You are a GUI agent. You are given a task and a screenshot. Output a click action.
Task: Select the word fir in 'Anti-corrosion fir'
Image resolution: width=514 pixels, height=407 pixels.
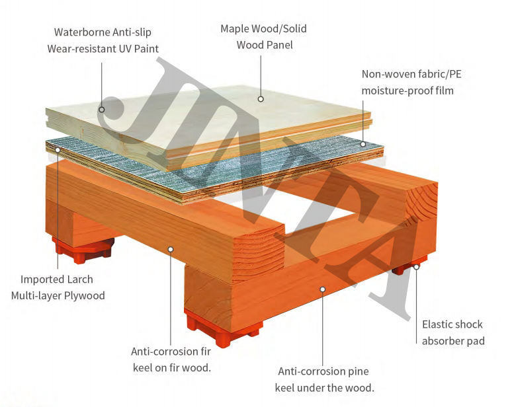point(202,351)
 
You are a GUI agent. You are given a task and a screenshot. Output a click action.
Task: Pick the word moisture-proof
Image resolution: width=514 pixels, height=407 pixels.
point(396,91)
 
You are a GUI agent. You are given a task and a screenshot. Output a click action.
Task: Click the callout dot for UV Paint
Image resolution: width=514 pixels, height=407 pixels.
point(102,109)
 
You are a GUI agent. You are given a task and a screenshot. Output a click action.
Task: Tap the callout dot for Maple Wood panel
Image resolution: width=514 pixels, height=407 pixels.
point(261,99)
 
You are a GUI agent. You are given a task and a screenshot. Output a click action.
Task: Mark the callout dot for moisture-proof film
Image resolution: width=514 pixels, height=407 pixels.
point(363,143)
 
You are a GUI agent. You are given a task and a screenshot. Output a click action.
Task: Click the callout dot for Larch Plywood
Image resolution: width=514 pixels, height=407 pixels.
point(58,149)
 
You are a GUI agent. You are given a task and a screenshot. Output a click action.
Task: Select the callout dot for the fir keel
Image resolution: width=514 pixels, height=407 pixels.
point(171,249)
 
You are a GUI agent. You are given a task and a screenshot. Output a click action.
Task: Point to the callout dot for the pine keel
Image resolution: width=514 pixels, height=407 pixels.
point(323,289)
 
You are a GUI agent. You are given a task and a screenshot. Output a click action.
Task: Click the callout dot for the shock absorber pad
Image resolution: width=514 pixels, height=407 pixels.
point(417,267)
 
